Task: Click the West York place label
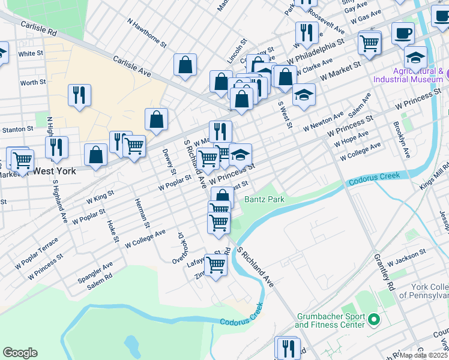coord(55,170)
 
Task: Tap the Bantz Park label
coord(264,199)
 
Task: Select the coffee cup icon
coord(403,33)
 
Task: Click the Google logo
coord(20,353)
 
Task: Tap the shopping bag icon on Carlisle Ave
coord(185,65)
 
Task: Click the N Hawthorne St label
coord(146,31)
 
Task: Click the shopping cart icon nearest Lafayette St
coord(215,264)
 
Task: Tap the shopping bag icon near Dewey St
coord(156,119)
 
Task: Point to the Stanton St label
coord(17,129)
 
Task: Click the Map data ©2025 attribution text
coord(424,355)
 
